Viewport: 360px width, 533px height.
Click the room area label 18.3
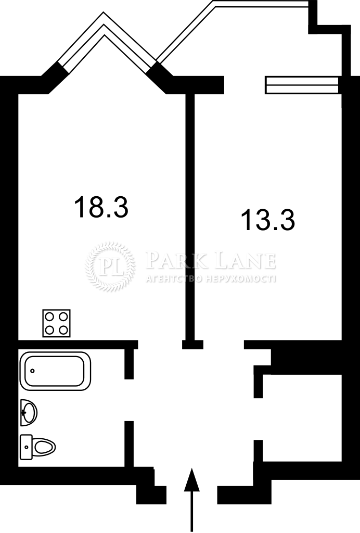[101, 207]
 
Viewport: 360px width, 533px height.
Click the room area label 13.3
[267, 220]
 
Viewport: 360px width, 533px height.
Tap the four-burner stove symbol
[56, 323]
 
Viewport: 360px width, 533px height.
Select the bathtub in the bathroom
[55, 371]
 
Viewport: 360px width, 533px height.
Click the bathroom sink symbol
[29, 413]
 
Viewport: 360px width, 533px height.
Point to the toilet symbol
[37, 447]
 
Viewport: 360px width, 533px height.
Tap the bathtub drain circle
[32, 371]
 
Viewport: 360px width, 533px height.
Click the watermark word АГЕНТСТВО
[174, 280]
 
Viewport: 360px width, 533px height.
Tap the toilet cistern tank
[26, 447]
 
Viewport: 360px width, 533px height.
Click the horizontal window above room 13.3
[302, 85]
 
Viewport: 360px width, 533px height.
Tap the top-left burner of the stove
[49, 316]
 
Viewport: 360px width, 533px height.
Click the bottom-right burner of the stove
[63, 330]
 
